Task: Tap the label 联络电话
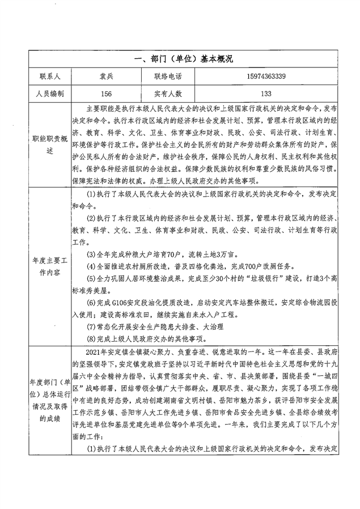click(x=171, y=76)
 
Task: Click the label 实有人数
click(x=171, y=94)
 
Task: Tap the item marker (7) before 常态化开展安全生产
click(x=91, y=326)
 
